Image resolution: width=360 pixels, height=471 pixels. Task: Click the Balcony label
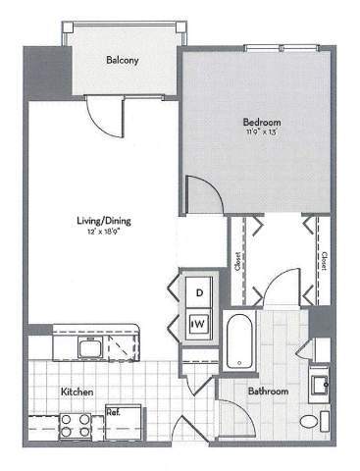tap(123, 61)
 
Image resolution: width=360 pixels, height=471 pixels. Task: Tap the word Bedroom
tap(262, 123)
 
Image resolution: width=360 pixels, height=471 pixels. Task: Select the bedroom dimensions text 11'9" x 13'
tap(262, 134)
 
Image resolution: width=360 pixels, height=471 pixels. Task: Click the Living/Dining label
tap(104, 221)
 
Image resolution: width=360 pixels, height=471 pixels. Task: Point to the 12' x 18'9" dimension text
tap(104, 233)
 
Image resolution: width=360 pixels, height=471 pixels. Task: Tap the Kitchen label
tap(77, 392)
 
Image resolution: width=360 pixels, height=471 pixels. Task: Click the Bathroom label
tap(268, 392)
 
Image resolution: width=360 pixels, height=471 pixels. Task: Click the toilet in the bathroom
tap(311, 422)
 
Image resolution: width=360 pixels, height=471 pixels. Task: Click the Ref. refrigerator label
tap(113, 412)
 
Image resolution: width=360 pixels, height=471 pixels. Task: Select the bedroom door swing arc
tap(199, 193)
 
